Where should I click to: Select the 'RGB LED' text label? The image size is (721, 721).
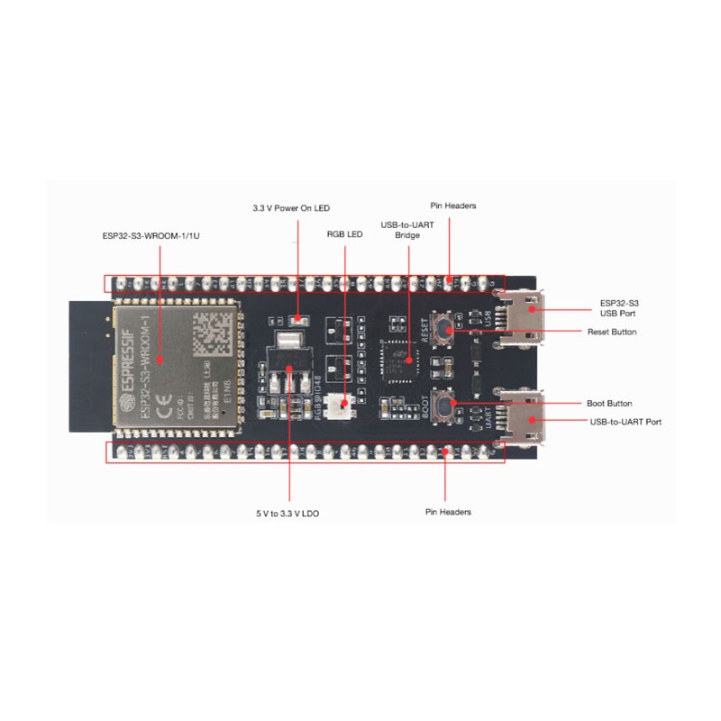tap(344, 233)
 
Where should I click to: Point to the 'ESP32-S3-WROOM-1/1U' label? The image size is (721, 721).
tap(159, 237)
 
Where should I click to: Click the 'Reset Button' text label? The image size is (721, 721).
tap(612, 332)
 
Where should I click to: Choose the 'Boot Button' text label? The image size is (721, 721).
tap(609, 404)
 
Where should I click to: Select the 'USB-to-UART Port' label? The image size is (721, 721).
tap(625, 421)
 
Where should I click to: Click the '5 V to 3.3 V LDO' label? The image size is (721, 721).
tap(287, 513)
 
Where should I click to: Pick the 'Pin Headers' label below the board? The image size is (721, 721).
tap(448, 512)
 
